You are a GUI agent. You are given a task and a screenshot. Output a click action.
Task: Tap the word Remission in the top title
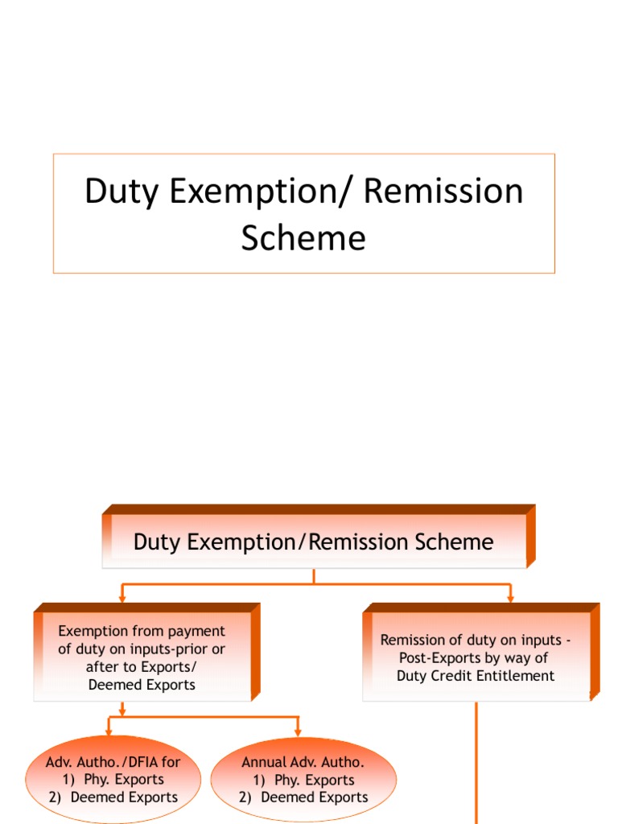(443, 192)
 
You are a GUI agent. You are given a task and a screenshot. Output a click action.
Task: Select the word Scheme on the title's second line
(303, 238)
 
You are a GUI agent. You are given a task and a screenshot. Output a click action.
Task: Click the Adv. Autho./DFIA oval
(113, 779)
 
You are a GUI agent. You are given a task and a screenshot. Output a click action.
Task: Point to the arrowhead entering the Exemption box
(122, 597)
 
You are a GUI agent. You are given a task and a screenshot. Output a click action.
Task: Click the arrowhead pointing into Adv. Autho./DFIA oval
(108, 731)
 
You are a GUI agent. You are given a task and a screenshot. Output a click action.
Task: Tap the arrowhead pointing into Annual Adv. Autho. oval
(298, 731)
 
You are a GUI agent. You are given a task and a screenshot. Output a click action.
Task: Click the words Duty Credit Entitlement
(476, 676)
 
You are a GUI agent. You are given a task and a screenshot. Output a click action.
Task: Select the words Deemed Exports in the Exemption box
(142, 685)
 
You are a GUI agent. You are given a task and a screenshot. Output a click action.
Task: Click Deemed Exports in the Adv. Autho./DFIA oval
(124, 797)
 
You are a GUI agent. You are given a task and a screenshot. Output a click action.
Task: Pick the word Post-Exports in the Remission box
(434, 658)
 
